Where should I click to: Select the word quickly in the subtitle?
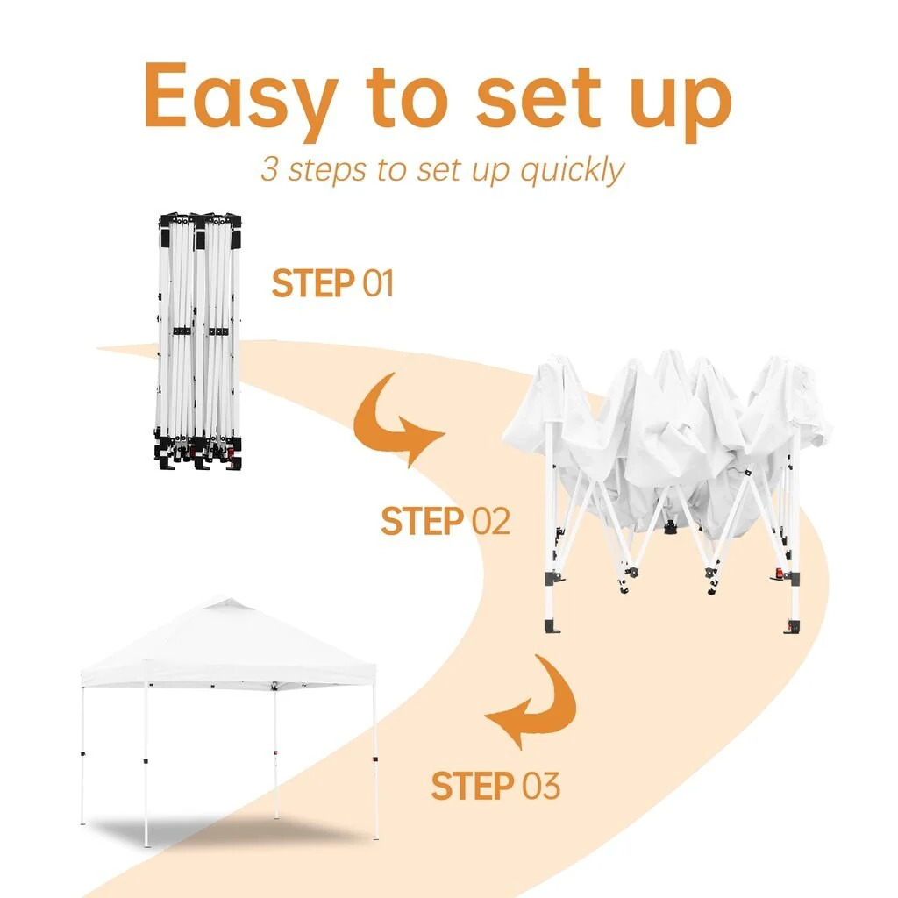(x=572, y=171)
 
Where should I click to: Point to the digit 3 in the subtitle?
(x=269, y=169)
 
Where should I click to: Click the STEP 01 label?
(x=332, y=283)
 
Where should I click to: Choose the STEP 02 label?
(x=445, y=521)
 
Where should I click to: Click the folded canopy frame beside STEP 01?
(x=198, y=341)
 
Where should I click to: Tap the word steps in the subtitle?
(x=326, y=171)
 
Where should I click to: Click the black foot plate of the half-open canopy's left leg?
(x=552, y=626)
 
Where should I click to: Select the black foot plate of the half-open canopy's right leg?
(x=793, y=627)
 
